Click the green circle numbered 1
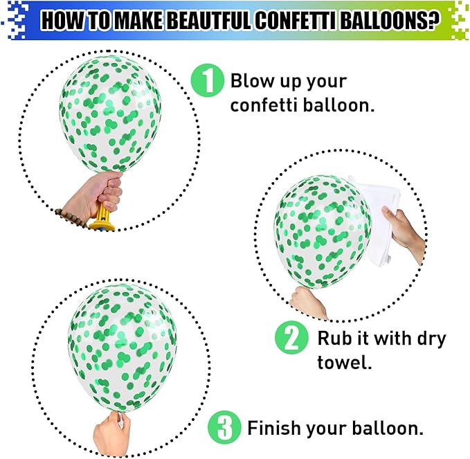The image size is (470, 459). coord(208,81)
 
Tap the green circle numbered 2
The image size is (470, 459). coord(291,339)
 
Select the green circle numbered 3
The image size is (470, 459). coord(224,428)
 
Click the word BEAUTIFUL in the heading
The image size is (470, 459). coord(208,20)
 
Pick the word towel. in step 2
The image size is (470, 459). coord(345,363)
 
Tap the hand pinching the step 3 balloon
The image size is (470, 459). coord(111,432)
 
